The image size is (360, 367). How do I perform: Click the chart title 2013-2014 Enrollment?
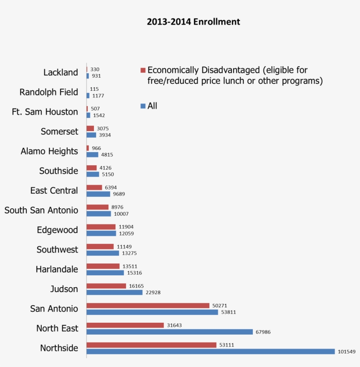point(193,22)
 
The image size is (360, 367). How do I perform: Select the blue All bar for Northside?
point(211,352)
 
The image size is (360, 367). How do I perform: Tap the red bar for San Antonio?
point(148,306)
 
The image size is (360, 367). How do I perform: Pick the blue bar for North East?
point(169,332)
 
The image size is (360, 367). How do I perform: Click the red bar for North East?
point(125,325)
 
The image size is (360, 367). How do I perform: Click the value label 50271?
point(221,306)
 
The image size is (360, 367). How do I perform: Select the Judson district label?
point(64,289)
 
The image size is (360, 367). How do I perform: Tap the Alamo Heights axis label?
point(49,151)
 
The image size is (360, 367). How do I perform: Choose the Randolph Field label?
point(49,92)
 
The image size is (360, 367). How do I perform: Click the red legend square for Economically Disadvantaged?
point(143,70)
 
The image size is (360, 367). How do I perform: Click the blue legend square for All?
point(143,106)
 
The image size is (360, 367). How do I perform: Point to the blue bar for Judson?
point(115,292)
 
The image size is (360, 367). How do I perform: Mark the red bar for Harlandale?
point(103,266)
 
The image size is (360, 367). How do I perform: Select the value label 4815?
point(107,155)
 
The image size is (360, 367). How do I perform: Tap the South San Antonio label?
point(41,210)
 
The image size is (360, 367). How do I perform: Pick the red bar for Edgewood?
point(101,227)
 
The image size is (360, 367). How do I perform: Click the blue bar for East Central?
point(98,194)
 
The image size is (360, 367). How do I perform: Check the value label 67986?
point(263,332)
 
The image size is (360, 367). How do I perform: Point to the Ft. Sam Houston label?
point(45,112)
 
